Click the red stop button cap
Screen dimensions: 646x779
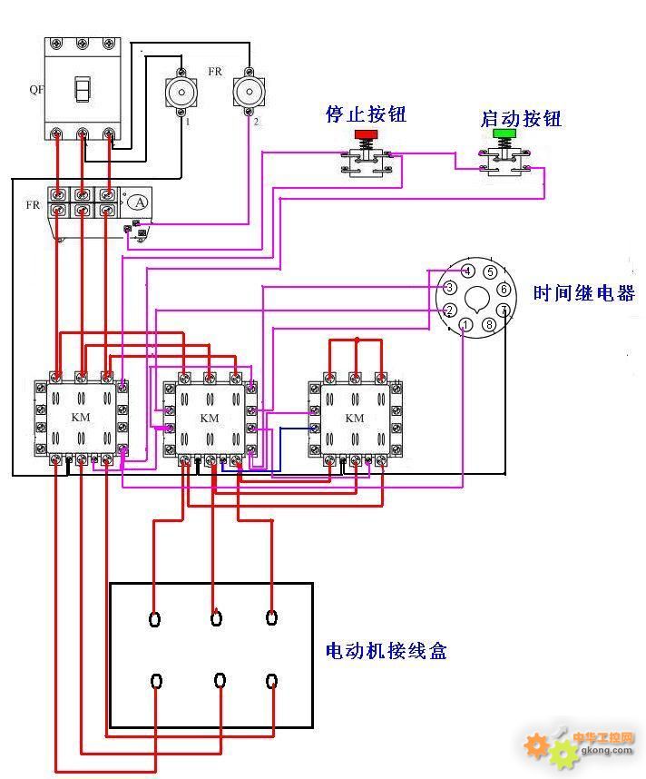[x=366, y=134]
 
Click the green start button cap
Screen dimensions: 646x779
[x=504, y=133]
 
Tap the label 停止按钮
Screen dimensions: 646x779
[x=366, y=113]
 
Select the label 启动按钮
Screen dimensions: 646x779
[x=521, y=119]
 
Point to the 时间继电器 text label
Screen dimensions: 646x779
[x=584, y=293]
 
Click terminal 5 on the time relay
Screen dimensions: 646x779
[x=490, y=271]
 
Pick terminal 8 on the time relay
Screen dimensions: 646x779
[x=489, y=325]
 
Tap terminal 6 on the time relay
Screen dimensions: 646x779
[x=504, y=289]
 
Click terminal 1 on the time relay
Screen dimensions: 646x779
[x=465, y=325]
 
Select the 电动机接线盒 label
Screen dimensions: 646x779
[x=387, y=650]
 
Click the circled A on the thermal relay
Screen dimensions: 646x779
[x=140, y=202]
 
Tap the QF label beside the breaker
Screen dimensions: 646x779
[x=36, y=89]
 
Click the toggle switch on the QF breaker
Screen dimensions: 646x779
[x=83, y=89]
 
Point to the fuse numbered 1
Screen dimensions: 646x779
[x=181, y=93]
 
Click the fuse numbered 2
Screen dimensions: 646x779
[x=249, y=92]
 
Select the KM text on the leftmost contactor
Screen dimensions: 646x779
[x=81, y=417]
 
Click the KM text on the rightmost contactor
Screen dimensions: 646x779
[x=355, y=418]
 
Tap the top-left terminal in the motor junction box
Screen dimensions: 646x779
[x=155, y=619]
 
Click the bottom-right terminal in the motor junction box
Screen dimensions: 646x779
[x=271, y=681]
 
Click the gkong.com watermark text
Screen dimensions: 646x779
[x=606, y=750]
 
